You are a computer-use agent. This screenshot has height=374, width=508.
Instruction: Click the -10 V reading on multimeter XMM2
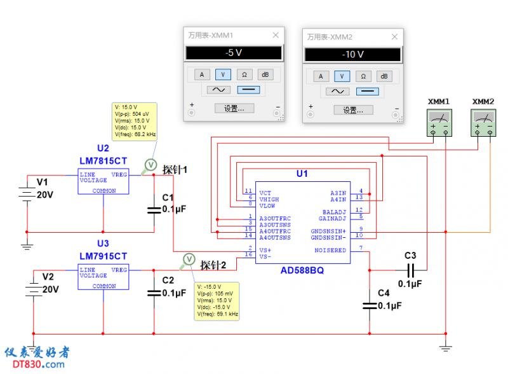pos(352,55)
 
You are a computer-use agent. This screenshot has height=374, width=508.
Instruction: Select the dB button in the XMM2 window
pos(384,76)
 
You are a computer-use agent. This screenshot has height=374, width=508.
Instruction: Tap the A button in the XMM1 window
pos(202,74)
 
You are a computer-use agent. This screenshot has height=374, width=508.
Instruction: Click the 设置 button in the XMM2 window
pos(352,110)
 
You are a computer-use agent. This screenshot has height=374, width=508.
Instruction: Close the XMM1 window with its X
pos(276,36)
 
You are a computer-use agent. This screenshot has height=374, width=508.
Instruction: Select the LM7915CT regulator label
pos(103,256)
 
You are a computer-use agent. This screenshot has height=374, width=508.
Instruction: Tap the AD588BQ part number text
pos(302,270)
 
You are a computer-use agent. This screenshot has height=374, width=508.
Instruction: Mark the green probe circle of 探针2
pos(189,259)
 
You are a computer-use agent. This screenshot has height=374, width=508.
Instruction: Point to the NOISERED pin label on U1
pos(331,250)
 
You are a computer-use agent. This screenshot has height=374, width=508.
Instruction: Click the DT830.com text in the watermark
pos(36,364)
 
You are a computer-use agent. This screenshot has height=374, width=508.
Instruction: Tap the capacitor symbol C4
pos(369,306)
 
